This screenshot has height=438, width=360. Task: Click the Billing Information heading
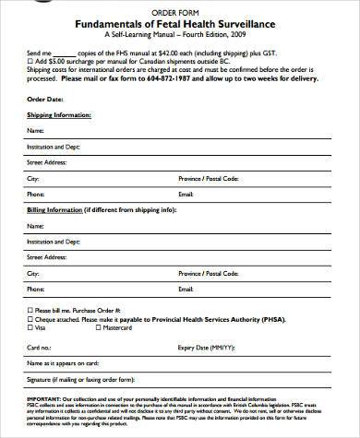pyautogui.click(x=57, y=210)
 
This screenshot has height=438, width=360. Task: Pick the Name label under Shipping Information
pyautogui.click(x=35, y=132)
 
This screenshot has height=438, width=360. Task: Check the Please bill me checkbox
pyautogui.click(x=30, y=312)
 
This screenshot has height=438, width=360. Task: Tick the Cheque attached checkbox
pyautogui.click(x=30, y=319)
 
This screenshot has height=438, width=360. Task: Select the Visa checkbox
pyautogui.click(x=30, y=326)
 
